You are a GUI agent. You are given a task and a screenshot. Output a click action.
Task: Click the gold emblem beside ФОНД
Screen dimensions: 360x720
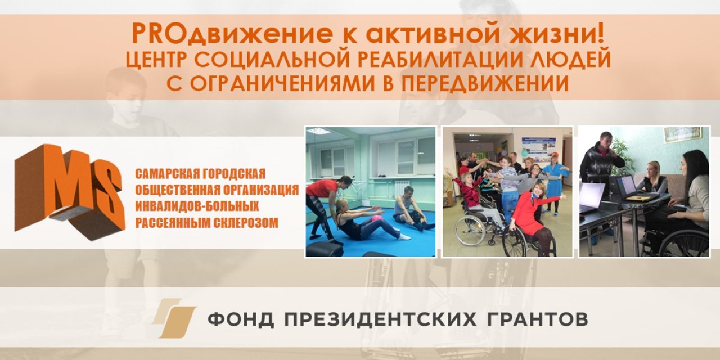[x=174, y=318]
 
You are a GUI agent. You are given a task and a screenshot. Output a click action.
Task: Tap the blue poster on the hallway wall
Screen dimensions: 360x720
[x=538, y=147]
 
